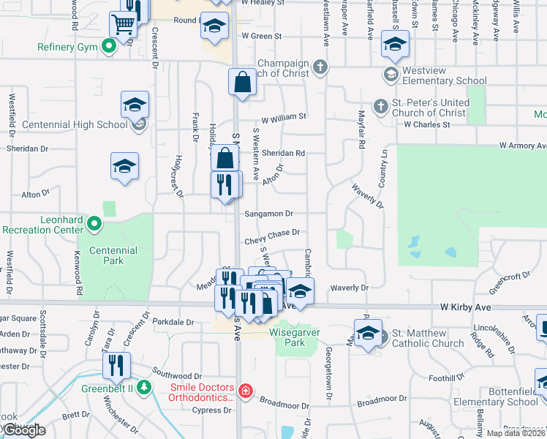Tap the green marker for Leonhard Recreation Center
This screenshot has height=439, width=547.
(94, 222)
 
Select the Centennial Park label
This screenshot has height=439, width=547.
(113, 255)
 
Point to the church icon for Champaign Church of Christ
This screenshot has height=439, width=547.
(320, 68)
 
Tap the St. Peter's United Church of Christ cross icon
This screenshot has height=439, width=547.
(380, 107)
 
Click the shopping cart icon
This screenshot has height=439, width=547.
(123, 24)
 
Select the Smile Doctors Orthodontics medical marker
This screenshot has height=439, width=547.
(246, 391)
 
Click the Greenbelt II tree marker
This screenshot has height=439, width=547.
(145, 388)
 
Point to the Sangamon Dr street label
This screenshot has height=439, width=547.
(269, 214)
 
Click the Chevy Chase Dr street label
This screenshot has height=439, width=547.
(273, 233)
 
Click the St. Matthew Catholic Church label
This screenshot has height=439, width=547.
(428, 338)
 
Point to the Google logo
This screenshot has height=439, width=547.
(23, 430)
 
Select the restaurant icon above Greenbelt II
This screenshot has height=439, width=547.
(116, 365)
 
